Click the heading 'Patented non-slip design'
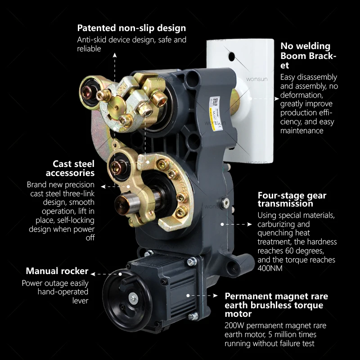131,28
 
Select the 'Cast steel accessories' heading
70,168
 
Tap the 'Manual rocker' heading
57,271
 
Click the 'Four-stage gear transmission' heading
292,199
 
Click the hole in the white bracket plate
232,57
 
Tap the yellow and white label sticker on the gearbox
216,113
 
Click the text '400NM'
270,268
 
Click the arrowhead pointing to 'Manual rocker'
93,274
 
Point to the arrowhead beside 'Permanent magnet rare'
216,296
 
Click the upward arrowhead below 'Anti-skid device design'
115,55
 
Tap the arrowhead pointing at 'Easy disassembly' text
277,99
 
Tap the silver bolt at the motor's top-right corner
192,261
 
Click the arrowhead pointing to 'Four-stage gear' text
250,224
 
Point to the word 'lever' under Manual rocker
80,301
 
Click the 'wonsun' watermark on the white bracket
256,79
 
